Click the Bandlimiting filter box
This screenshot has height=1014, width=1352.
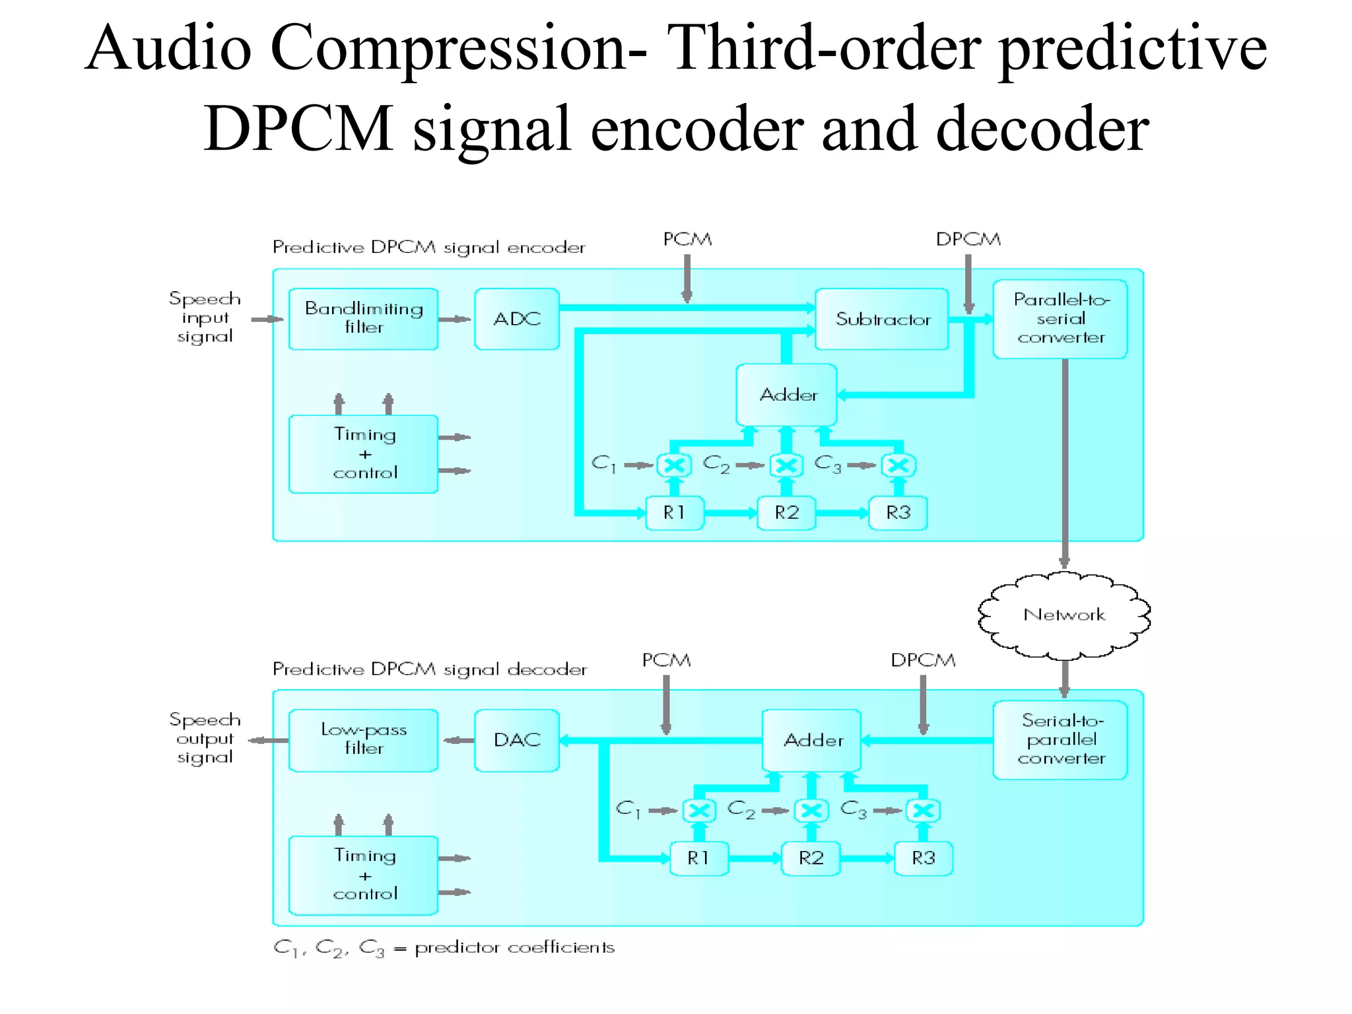363,318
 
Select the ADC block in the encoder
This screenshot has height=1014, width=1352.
516,319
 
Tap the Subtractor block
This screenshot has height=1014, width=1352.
882,319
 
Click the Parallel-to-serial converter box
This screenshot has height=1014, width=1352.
1060,319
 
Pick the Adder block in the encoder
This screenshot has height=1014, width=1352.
787,395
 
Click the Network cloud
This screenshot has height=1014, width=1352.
1064,615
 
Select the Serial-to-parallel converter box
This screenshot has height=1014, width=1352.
1060,739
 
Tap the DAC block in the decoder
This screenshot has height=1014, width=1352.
516,740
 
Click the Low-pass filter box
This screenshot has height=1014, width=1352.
363,739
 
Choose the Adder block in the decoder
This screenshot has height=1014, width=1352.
812,740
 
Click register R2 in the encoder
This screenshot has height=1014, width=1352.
786,513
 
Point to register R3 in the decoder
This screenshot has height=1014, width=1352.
923,858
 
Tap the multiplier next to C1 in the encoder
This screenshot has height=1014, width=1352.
674,465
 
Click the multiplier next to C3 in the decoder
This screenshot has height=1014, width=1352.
923,811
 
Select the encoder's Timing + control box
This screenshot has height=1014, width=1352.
364,454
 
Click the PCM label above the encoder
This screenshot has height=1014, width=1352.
687,239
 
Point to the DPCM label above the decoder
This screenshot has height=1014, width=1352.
922,660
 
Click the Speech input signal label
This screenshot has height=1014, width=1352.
205,318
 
